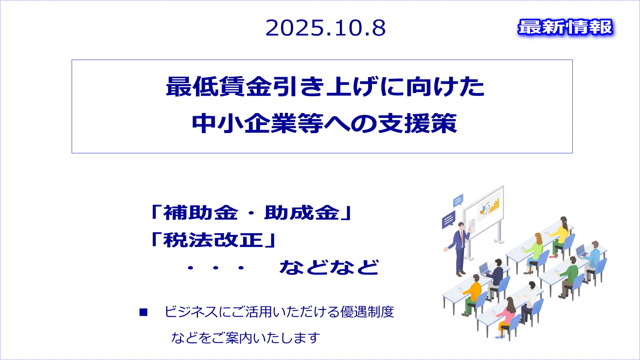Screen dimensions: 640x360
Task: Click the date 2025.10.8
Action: click(326, 28)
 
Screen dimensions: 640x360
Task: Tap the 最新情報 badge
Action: click(565, 27)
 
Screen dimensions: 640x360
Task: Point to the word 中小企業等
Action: click(258, 123)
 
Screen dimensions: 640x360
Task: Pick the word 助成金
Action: click(302, 213)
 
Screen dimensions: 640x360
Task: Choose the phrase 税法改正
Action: click(213, 240)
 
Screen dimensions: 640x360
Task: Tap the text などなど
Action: click(329, 267)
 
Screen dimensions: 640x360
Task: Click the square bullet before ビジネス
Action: click(143, 312)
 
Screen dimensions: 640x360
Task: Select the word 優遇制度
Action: click(367, 312)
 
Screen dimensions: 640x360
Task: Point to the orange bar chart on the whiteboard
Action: click(494, 205)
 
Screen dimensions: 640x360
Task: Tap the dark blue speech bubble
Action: click(449, 220)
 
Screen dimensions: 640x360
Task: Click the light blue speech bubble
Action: click(458, 200)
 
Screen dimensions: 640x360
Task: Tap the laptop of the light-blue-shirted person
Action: click(581, 251)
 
